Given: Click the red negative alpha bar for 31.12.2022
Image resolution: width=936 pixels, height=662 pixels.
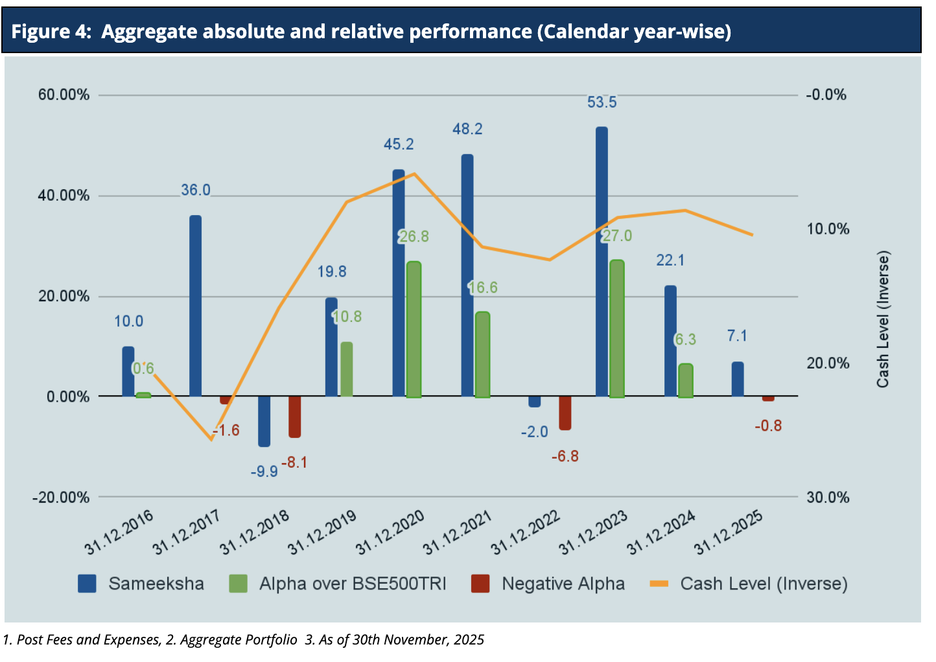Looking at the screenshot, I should click(565, 413).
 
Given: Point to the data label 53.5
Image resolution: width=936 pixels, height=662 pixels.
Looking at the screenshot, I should click(602, 102).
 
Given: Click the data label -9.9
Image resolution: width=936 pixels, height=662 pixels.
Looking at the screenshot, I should click(264, 472).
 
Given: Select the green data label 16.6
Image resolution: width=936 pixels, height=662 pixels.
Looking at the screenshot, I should click(484, 288).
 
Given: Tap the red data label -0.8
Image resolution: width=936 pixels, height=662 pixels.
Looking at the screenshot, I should click(768, 426).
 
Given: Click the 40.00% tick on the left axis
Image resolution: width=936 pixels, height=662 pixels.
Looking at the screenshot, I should click(64, 196).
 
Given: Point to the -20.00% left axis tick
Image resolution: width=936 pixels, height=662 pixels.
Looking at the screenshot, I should click(61, 497).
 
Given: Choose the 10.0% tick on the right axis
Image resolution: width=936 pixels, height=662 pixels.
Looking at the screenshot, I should click(828, 229).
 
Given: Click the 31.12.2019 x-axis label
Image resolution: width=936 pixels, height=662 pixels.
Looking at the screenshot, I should click(322, 533).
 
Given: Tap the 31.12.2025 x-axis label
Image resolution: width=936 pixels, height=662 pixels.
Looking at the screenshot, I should click(729, 533).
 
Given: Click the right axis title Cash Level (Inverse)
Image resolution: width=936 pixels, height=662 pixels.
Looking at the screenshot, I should click(883, 319).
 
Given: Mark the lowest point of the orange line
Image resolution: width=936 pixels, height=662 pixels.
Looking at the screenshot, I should click(211, 440).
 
